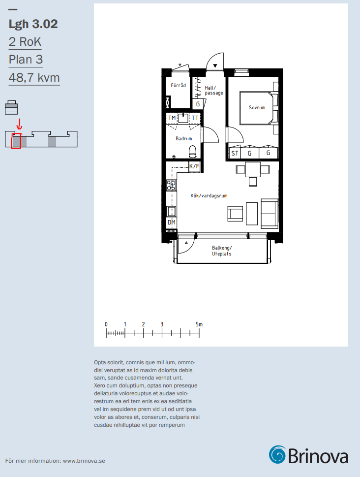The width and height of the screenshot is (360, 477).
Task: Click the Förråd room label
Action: [178, 86]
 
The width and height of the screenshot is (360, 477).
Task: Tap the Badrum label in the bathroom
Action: [183, 138]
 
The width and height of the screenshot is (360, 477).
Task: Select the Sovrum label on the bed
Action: [257, 107]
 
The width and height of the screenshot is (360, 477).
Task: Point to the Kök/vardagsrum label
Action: [209, 195]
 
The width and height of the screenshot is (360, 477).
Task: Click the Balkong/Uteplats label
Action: [222, 251]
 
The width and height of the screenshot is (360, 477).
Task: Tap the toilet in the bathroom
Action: [192, 152]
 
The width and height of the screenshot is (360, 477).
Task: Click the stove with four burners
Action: [171, 185]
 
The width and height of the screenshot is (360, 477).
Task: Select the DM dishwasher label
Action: [172, 223]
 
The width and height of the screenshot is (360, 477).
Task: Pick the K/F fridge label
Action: [194, 166]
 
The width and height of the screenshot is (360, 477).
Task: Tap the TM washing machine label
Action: [172, 118]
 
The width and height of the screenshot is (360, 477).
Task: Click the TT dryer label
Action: [195, 118]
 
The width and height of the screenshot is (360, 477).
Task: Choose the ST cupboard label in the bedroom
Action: [235, 153]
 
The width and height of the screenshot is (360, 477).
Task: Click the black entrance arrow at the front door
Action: [215, 65]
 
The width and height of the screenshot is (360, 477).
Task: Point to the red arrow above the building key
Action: [19, 124]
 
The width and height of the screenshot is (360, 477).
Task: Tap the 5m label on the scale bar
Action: [199, 324]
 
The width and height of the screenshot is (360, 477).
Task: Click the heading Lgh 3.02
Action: [33, 24]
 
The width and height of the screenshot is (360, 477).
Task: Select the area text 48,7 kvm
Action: [34, 78]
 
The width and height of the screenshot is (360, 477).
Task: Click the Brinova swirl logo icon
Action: [277, 455]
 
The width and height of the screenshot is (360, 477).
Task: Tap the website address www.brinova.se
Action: [84, 461]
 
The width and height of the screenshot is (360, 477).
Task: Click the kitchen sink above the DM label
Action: [171, 211]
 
